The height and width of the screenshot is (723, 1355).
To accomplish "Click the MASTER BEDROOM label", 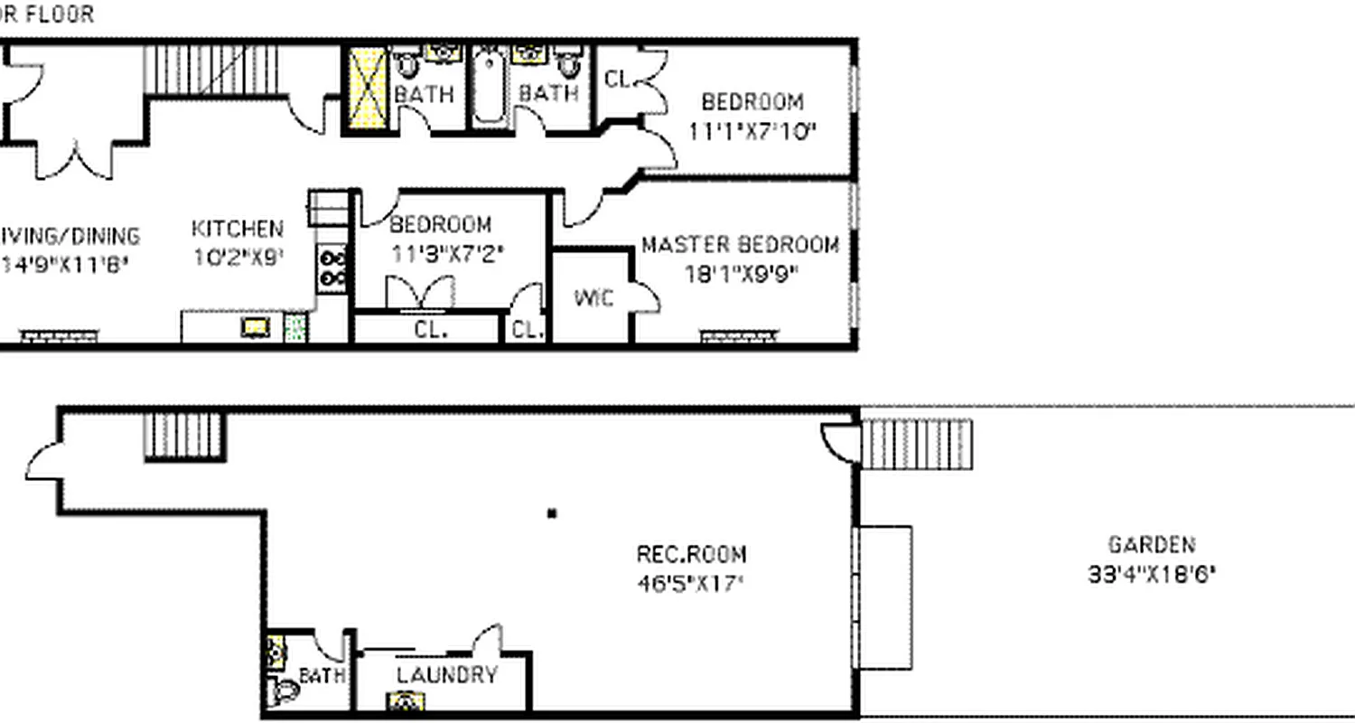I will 740,245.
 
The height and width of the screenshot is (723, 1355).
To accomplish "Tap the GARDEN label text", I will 1151,545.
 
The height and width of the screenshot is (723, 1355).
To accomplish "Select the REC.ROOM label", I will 692,554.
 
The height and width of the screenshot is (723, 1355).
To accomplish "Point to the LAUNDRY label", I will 447,675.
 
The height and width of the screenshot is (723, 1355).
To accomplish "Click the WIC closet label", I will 593,296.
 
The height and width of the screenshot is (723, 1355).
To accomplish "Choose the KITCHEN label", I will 238,230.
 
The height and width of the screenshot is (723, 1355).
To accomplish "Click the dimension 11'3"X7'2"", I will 446,254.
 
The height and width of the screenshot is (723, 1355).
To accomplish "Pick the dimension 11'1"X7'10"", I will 752,130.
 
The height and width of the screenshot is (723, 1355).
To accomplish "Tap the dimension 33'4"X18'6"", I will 1151,575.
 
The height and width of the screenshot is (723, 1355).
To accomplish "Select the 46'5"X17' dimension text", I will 690,583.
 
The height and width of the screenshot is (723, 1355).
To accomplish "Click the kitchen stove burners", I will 332,268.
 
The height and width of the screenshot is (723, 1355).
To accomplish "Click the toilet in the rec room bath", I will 284,692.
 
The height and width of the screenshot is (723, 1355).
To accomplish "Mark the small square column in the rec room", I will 552,514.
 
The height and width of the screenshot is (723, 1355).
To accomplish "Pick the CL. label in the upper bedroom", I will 617,80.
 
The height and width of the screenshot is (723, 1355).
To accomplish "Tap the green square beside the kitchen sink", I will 294,327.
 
